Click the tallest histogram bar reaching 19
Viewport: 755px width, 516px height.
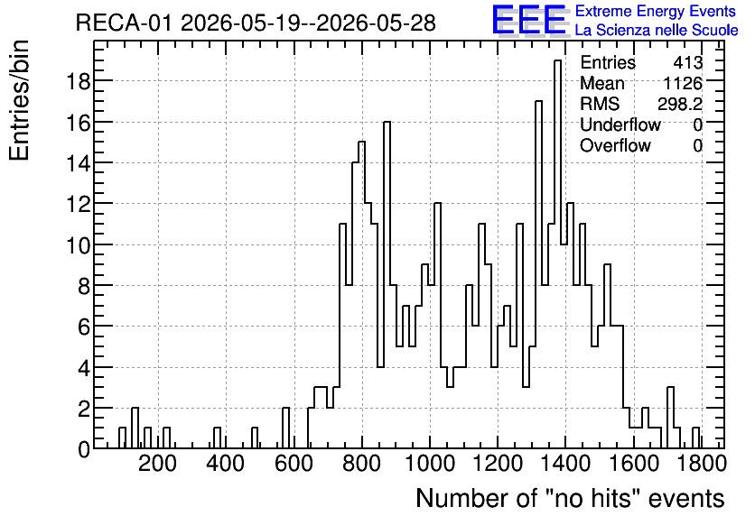pos(557,254)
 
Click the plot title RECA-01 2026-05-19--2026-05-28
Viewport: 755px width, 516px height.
pos(256,23)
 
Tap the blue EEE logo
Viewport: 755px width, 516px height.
pos(528,20)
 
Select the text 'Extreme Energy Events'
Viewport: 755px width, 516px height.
pos(656,11)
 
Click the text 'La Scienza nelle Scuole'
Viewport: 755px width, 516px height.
pos(657,30)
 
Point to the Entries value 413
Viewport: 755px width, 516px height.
pos(688,62)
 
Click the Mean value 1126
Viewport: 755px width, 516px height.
pos(683,83)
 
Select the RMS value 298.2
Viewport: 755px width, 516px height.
pos(680,104)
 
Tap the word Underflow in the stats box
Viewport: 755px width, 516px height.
pos(620,124)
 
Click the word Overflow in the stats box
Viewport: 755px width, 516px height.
pos(615,145)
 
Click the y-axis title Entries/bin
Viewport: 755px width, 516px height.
pos(19,100)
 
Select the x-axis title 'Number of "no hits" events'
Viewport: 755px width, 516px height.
pos(570,498)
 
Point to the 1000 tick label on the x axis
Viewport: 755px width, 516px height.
pos(430,464)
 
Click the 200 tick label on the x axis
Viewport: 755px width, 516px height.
pos(157,464)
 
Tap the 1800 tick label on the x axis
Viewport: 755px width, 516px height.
pos(701,464)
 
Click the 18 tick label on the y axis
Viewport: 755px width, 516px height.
pos(78,81)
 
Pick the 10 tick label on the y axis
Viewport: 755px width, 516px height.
pos(78,244)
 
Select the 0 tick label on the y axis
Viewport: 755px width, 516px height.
pos(84,449)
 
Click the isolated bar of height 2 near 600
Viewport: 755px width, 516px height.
pos(286,428)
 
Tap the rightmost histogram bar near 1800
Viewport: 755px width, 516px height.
pos(695,438)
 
